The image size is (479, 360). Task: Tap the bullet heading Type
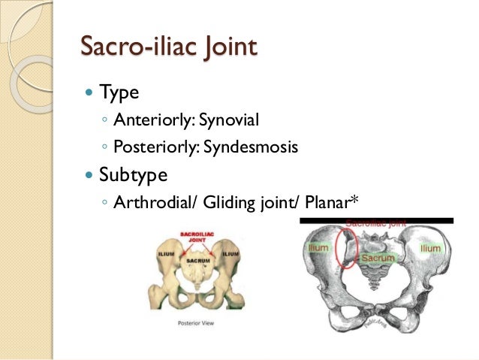point(120,95)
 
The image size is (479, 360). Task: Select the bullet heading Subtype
point(139,175)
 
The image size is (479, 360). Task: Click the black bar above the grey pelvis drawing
point(376,221)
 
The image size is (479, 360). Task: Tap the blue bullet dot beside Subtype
point(89,176)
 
